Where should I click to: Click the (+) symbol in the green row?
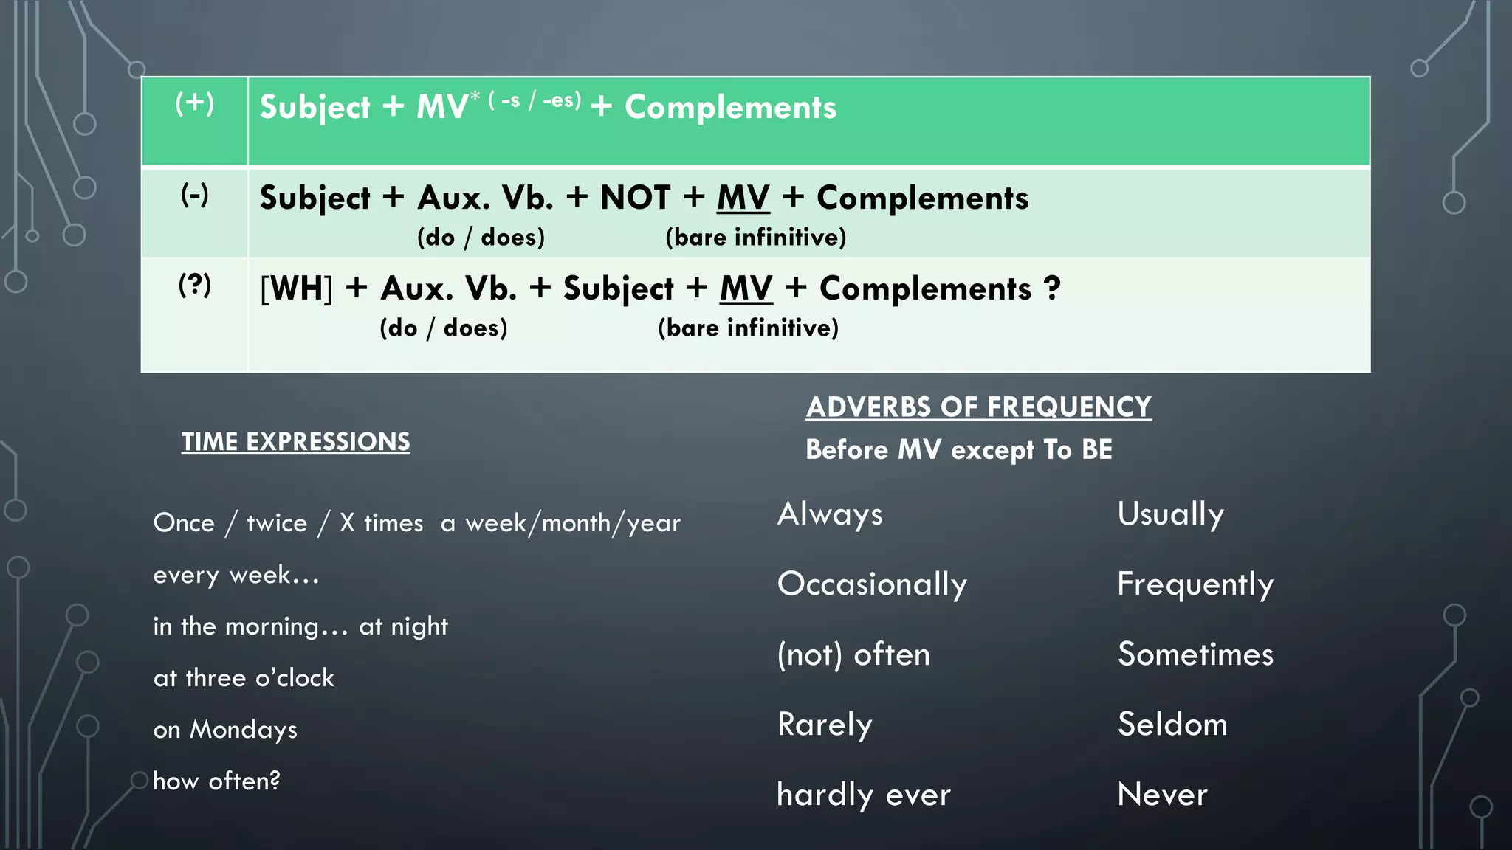pos(195,103)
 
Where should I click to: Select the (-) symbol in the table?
pos(195,196)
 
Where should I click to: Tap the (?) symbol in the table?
pos(195,285)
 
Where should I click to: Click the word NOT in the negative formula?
pos(635,198)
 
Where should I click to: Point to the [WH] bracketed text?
pos(296,288)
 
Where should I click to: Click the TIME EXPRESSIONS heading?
pos(295,441)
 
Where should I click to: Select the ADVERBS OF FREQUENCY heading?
pos(978,407)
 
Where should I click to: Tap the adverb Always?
pos(830,514)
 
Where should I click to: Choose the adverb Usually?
pos(1170,514)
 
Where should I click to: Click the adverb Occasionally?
pos(872,584)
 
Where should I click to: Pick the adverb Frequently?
pos(1195,584)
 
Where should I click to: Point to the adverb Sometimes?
pos(1195,654)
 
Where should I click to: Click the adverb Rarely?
pos(825,725)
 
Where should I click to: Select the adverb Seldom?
pos(1172,725)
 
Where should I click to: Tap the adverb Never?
pos(1162,795)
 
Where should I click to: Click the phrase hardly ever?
pos(864,795)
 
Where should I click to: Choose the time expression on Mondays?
pos(225,730)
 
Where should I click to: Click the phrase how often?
pos(216,781)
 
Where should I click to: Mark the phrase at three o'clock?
pos(244,678)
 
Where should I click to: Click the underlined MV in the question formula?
pos(746,288)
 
